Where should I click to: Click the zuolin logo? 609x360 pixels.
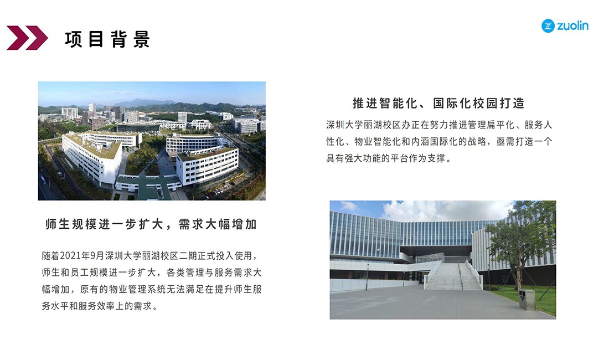565,26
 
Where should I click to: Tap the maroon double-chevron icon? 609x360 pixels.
27,38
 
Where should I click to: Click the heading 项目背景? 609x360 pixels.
107,39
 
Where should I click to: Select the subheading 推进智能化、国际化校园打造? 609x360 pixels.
438,104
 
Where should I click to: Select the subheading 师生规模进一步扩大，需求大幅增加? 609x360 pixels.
151,224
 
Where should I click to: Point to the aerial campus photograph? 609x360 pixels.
152,141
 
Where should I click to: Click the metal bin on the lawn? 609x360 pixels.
527,300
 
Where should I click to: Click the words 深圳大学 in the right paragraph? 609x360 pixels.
344,125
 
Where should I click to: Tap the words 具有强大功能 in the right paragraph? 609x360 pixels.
353,158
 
